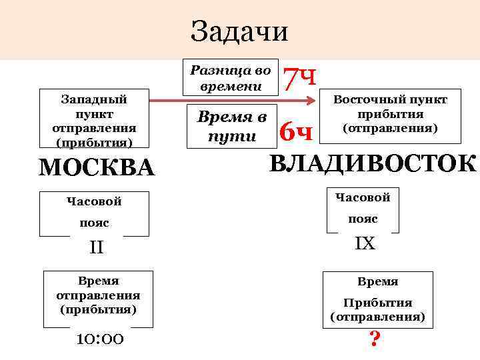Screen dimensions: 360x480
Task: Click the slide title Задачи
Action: click(x=239, y=31)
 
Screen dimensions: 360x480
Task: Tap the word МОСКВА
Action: click(x=96, y=167)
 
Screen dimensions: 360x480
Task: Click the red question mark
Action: click(x=375, y=341)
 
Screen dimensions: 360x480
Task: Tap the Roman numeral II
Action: click(x=96, y=248)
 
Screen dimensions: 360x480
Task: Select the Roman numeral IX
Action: click(x=365, y=244)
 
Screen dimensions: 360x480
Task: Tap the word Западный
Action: click(x=94, y=99)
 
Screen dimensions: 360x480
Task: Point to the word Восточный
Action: click(x=365, y=99)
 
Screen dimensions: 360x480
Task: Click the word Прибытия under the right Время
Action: click(x=378, y=302)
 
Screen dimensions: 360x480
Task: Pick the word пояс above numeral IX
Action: click(x=363, y=218)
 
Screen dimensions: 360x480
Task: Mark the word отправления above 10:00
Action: click(x=98, y=295)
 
